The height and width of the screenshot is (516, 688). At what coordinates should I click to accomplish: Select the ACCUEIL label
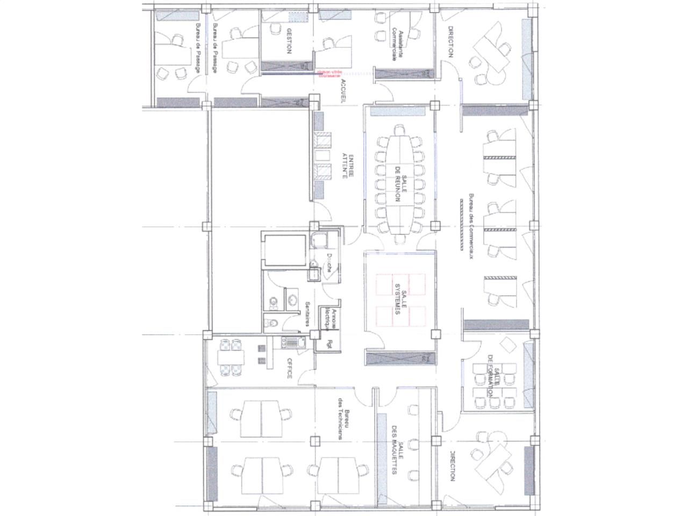(x=342, y=91)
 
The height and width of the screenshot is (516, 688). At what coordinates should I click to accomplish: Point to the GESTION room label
(x=289, y=41)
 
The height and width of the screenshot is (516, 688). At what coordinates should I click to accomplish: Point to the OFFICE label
(x=289, y=369)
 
